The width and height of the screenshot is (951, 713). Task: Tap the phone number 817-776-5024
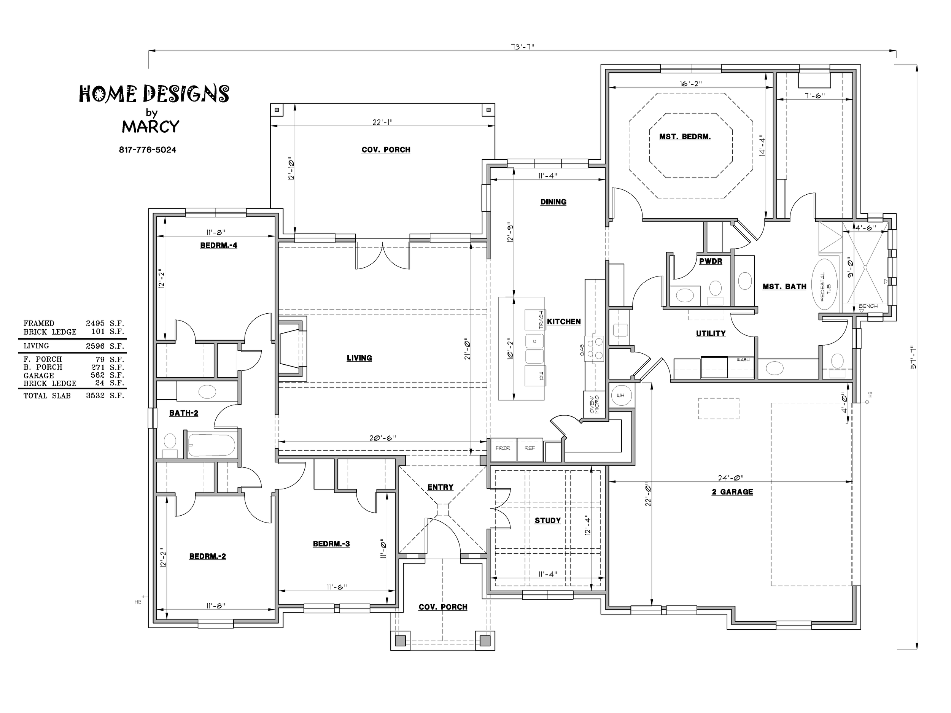148,150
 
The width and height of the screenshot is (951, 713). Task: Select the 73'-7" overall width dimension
522,47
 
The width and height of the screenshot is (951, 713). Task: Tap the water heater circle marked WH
621,395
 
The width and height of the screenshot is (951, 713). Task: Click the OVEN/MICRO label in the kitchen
594,405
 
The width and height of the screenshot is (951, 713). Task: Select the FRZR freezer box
503,449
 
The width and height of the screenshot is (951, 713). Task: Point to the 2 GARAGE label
732,492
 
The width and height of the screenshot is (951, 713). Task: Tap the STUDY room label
548,521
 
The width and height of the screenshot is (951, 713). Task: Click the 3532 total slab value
95,396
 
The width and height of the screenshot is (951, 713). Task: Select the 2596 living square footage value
95,346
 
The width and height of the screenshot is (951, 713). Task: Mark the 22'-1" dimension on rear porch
383,122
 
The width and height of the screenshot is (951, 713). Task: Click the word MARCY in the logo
151,127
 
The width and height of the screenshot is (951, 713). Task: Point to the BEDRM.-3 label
331,544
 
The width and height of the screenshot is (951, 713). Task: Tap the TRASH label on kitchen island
541,320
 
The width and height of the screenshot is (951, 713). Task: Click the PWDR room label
711,261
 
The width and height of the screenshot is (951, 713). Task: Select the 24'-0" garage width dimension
730,478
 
